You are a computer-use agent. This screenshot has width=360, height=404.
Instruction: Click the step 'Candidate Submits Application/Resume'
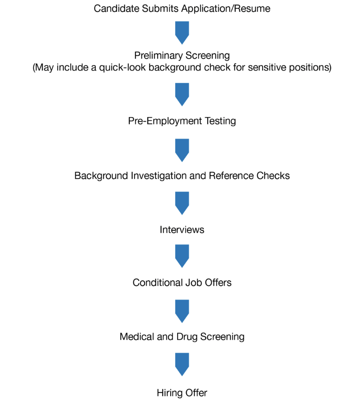(182, 9)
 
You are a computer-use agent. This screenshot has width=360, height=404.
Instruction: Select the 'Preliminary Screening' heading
(182, 55)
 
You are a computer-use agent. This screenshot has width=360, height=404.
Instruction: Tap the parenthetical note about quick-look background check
(182, 67)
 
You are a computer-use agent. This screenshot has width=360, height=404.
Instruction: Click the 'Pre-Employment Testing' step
(182, 121)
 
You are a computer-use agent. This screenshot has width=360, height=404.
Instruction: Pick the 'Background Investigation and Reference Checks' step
(182, 175)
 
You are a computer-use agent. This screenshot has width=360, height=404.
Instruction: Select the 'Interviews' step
(182, 230)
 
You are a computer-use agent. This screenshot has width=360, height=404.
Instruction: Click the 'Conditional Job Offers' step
(182, 282)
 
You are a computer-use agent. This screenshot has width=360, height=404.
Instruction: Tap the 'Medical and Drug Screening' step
(182, 337)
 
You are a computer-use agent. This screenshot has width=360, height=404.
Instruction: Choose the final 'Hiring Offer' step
(182, 393)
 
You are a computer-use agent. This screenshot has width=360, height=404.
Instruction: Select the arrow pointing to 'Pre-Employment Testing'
(182, 94)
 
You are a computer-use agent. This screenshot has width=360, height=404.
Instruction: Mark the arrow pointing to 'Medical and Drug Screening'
(182, 310)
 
